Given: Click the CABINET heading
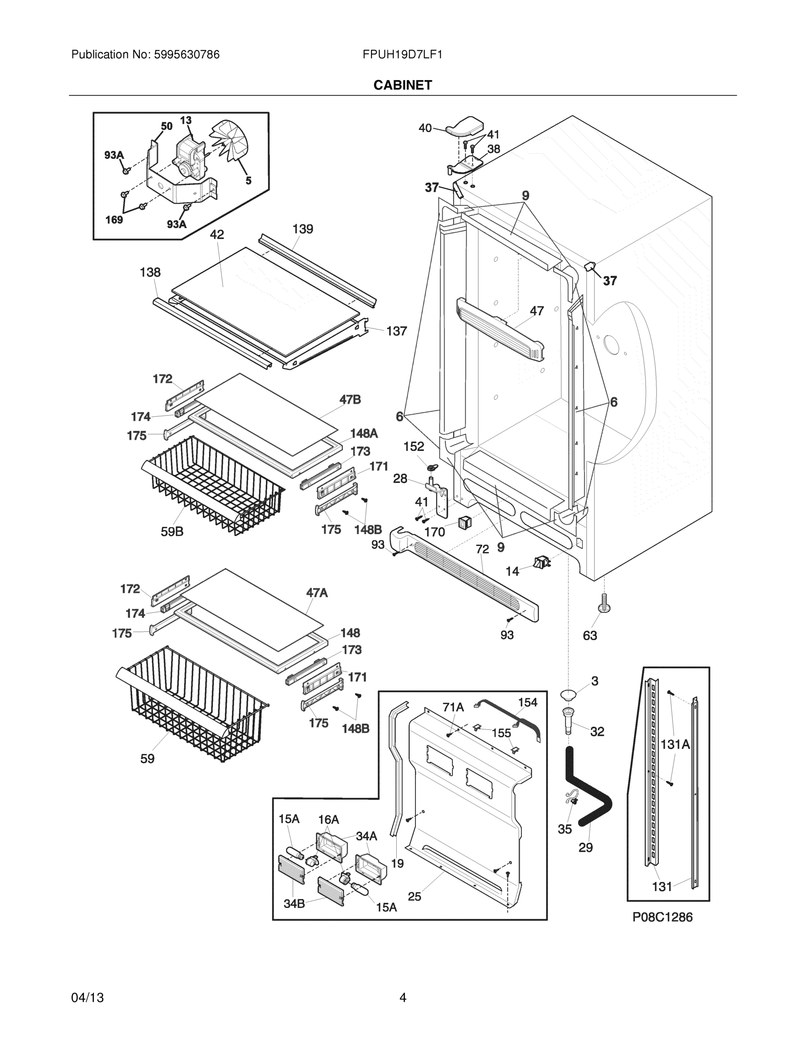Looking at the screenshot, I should point(402,85).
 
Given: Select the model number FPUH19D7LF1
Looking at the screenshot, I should point(402,54).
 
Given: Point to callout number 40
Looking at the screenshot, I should point(425,128).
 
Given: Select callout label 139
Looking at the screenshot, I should point(303,229).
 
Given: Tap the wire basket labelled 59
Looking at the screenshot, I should point(191,702).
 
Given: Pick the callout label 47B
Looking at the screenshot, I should point(350,400).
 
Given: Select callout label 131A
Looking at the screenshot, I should point(675,744).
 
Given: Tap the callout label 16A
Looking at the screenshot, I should point(328,820).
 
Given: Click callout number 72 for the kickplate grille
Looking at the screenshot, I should point(482,549).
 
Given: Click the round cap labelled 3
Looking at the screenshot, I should point(568,694).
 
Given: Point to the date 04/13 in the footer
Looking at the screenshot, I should point(87,998).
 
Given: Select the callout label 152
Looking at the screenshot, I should point(414,446).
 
